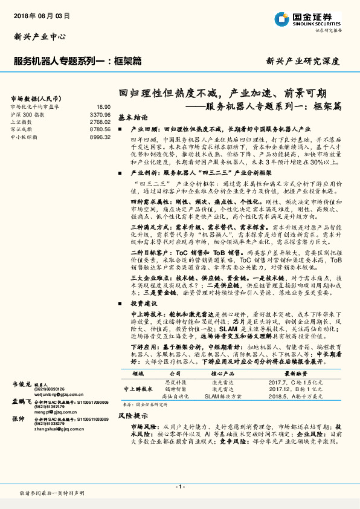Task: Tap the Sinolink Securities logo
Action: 307,19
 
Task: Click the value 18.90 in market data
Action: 104,106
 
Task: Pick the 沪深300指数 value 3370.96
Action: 100,114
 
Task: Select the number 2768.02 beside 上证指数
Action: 100,122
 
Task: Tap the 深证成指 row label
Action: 22,129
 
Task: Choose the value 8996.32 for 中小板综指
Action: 100,137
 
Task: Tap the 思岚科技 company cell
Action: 176,382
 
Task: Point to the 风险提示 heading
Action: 133,417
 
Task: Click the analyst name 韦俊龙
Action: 22,384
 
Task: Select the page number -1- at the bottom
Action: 179,487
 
